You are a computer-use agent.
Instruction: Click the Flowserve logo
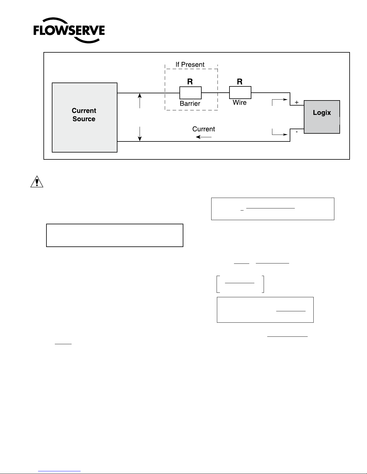click(69, 30)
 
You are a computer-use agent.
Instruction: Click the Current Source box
click(84, 117)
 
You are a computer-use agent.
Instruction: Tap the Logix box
click(322, 117)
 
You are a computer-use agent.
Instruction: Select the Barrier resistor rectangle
click(191, 93)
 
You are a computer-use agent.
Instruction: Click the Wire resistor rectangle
click(240, 92)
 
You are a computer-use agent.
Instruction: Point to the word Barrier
click(190, 103)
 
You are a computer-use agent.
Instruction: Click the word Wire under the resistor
click(240, 102)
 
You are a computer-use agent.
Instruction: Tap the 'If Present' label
click(190, 65)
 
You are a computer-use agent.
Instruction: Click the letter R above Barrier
click(190, 82)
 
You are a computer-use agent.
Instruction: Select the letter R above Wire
click(240, 82)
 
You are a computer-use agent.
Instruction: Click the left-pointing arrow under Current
click(204, 137)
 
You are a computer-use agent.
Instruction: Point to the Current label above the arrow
click(204, 129)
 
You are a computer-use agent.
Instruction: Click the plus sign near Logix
click(297, 102)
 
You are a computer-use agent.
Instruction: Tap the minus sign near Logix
click(297, 132)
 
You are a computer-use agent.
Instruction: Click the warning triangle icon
click(37, 182)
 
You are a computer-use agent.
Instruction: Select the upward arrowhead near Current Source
click(140, 96)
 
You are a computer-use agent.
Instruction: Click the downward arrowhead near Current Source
click(140, 138)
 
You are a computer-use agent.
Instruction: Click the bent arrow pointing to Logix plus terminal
click(277, 100)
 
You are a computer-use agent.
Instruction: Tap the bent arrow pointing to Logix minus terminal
click(277, 134)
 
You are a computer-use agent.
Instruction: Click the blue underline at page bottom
click(59, 471)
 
